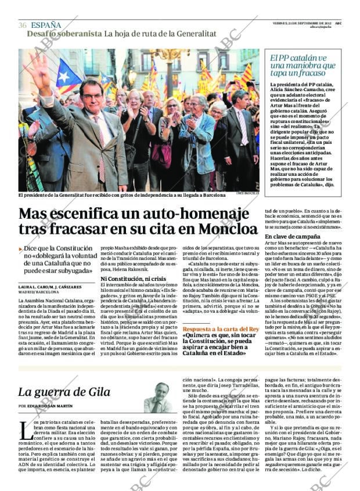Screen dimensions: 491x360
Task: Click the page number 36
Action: [23, 25]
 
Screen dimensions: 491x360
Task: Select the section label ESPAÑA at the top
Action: [46, 25]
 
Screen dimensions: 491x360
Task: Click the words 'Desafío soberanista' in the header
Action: [64, 34]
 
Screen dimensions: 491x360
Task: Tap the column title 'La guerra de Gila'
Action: [64, 392]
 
